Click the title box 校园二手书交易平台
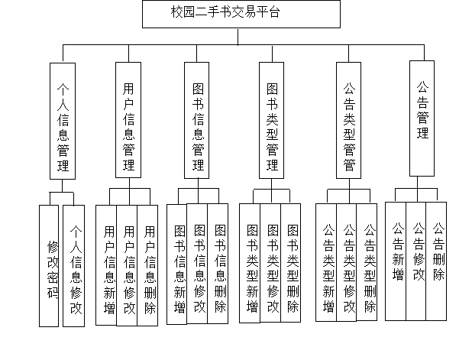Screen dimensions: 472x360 click(x=241, y=14)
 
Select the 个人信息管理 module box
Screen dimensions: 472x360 click(x=63, y=121)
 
